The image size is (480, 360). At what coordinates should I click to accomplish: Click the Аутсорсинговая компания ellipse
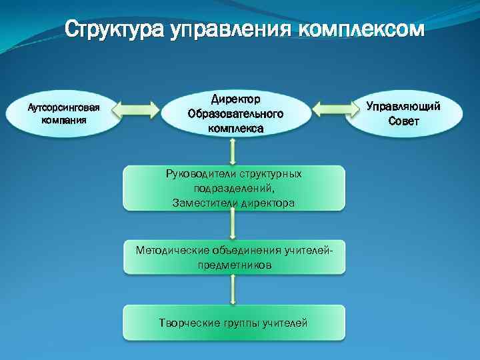coord(63,113)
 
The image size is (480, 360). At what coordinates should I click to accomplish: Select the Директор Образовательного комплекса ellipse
coord(235,113)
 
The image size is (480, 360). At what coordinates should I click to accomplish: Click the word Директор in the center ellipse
coord(235,99)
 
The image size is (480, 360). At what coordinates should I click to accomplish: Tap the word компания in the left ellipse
coord(63,120)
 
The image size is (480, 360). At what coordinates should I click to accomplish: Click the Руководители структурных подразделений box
coord(234,188)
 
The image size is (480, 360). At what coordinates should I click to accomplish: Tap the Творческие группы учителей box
coord(234,323)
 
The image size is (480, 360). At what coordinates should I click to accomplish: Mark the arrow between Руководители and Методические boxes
coord(233,225)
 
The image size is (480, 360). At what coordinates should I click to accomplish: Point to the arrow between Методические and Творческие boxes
coord(233,289)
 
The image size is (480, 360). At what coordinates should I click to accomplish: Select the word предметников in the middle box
coord(234,265)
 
